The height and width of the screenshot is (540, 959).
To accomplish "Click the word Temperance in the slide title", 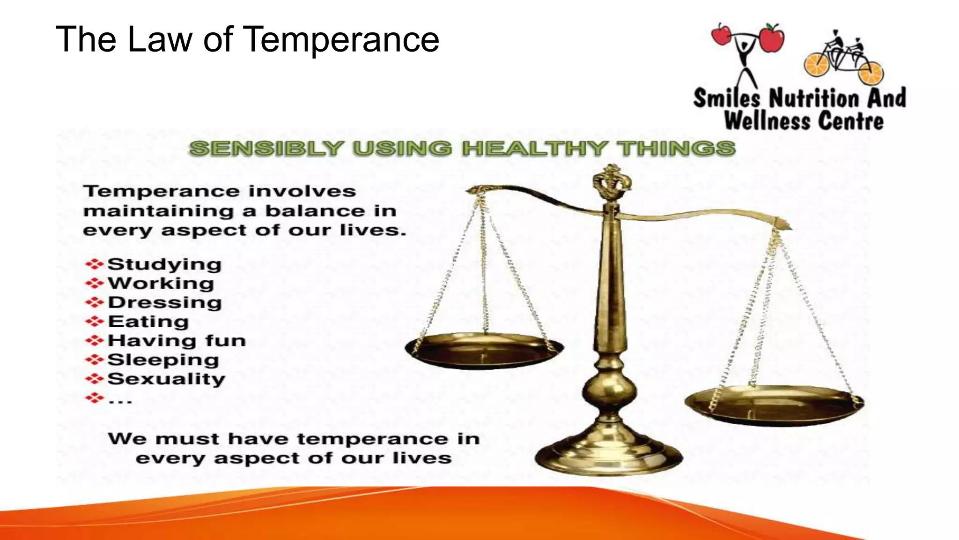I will pyautogui.click(x=342, y=39).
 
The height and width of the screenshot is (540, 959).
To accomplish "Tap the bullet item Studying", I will pyautogui.click(x=164, y=264).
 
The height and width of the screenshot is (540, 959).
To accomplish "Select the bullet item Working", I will pyautogui.click(x=161, y=284).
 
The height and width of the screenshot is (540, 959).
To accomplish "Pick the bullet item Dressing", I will pyautogui.click(x=165, y=302).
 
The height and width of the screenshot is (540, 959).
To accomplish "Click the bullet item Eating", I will pyautogui.click(x=148, y=322).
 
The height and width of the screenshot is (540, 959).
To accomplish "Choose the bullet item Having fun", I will pyautogui.click(x=177, y=341).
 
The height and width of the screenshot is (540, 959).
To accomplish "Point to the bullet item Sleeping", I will pyautogui.click(x=163, y=360).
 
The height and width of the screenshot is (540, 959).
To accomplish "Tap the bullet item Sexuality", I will pyautogui.click(x=166, y=379).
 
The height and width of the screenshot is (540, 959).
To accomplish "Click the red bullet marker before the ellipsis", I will pyautogui.click(x=94, y=398).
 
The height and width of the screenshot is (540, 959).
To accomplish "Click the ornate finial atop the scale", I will pyautogui.click(x=611, y=183).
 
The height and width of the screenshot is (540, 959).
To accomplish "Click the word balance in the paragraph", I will pyautogui.click(x=315, y=211).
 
